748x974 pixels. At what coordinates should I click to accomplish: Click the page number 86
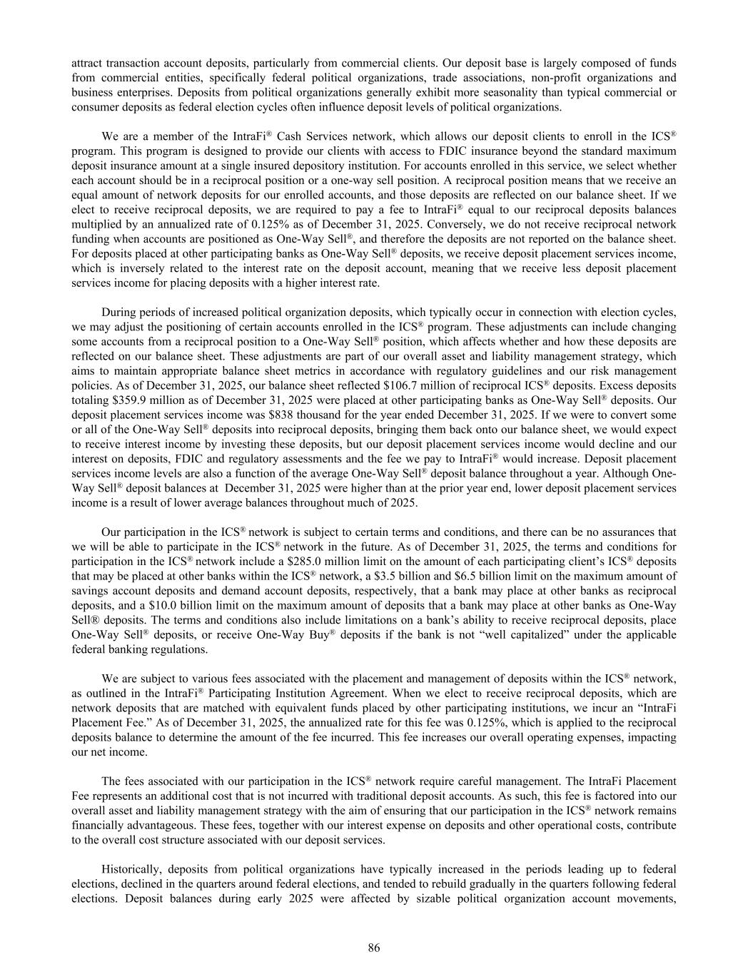[374, 948]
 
